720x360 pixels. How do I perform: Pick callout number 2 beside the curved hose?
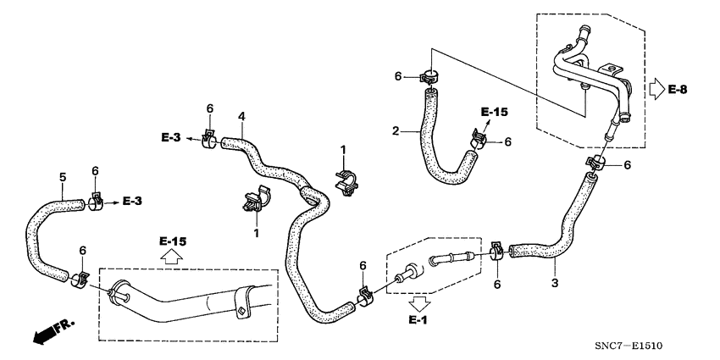pos(396,131)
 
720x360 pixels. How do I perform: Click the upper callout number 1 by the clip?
pos(343,149)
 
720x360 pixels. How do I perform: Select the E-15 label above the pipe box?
pos(171,241)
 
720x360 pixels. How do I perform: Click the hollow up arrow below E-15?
pos(172,258)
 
